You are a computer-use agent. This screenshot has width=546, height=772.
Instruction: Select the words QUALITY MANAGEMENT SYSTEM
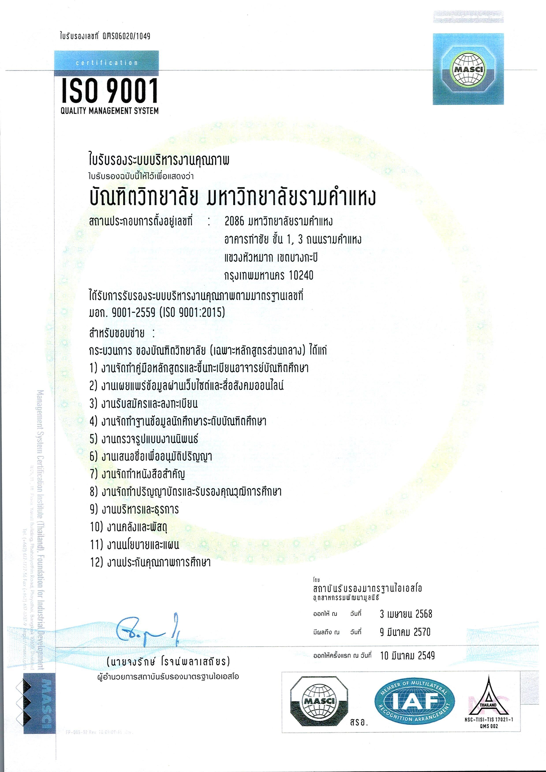tap(110, 111)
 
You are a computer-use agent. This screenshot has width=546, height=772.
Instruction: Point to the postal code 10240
tap(301, 276)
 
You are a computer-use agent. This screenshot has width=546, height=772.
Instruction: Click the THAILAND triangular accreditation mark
tap(489, 698)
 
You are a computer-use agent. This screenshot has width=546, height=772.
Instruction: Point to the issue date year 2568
tap(424, 614)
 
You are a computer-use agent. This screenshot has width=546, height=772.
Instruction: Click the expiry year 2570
tap(422, 632)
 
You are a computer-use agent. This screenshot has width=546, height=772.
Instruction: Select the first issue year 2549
tap(426, 655)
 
